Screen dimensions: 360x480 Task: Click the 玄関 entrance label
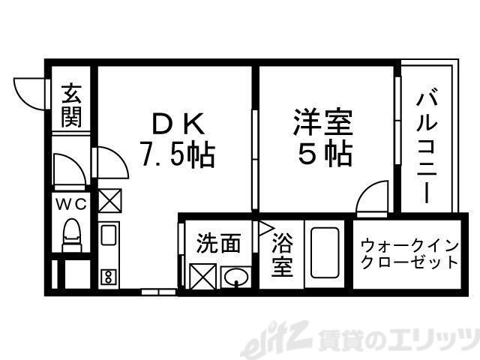[71, 106]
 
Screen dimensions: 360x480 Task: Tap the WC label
[71, 203]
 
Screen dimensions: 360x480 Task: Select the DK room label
[178, 121]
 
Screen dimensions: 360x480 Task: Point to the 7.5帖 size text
[178, 154]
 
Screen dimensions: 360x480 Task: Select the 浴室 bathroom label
[282, 255]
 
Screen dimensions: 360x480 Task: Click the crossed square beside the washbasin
[203, 277]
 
